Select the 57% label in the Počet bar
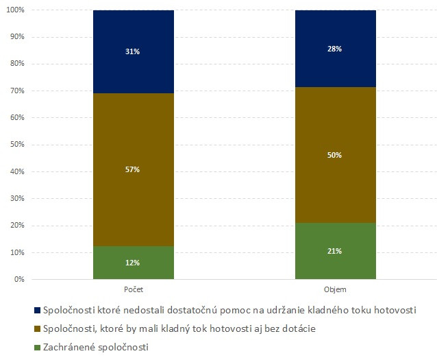[133, 169]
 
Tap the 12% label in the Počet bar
[133, 263]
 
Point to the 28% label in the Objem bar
[335, 49]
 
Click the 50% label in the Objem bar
[335, 155]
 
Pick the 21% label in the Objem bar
[335, 251]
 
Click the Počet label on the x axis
[133, 290]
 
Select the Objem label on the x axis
[335, 290]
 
